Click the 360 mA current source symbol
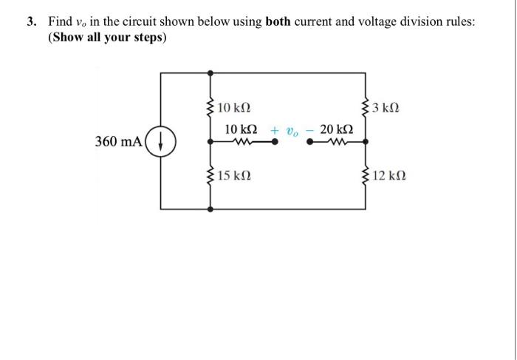point(162,140)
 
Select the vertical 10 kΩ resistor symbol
point(211,109)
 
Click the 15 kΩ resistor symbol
point(211,177)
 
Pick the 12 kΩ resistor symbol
point(366,177)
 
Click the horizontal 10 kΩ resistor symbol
point(241,143)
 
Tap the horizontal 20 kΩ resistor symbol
point(337,143)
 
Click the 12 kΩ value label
point(389,177)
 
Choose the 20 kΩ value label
point(336,129)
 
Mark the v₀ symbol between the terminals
point(292,130)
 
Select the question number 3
point(32,22)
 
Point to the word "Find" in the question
point(61,22)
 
